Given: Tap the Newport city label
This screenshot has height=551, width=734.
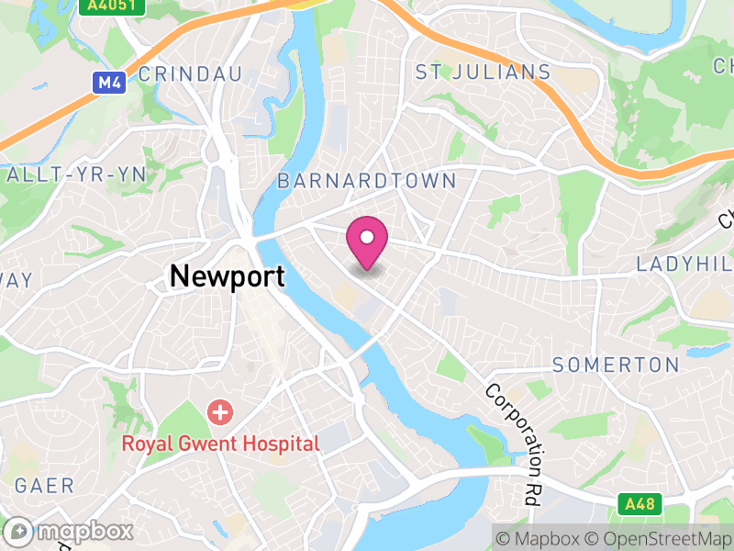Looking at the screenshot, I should point(227,276).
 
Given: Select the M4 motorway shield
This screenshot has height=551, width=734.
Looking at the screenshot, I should point(110,83).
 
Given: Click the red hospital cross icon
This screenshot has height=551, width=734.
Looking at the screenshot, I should point(220,411).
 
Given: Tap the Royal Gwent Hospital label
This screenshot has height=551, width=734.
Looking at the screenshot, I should point(221,444).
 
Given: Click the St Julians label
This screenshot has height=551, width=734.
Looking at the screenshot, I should point(483,72).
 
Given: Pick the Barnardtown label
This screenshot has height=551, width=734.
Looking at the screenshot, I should point(366,180).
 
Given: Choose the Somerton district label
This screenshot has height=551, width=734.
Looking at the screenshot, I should point(616,365).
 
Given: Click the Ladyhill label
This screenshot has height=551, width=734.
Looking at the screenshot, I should point(684,264).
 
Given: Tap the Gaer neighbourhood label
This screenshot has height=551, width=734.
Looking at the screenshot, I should point(44,486).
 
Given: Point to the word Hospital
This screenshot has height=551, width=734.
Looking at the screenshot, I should point(281,444).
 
